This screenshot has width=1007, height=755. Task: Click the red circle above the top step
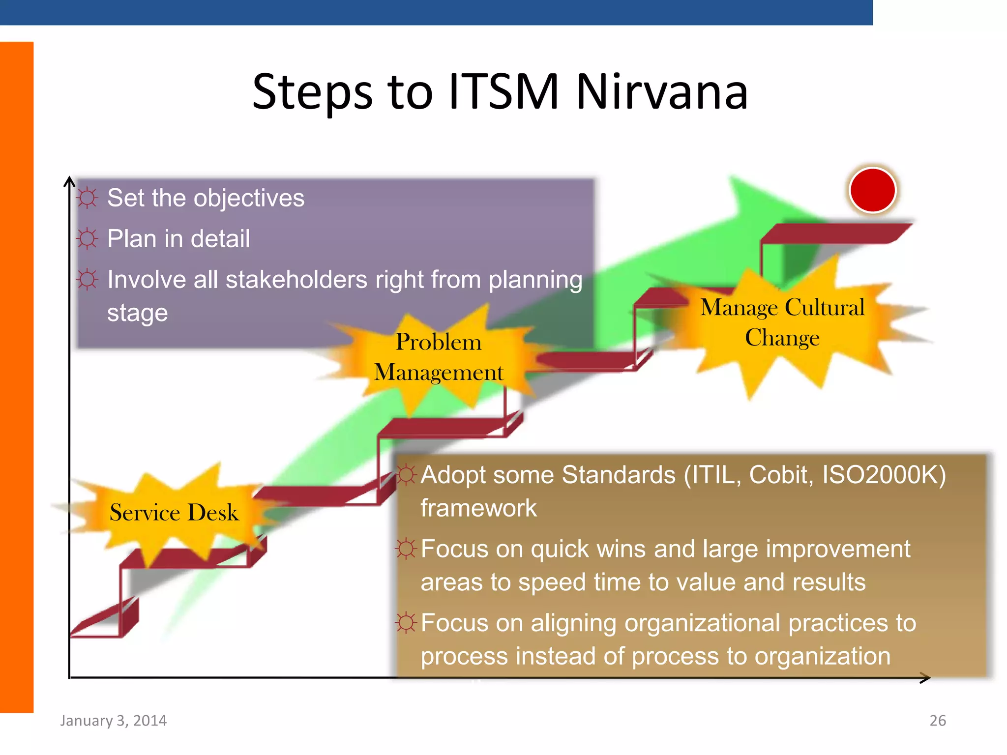pos(872,190)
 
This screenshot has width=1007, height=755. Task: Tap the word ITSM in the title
pos(503,92)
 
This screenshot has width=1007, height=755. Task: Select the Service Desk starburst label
pos(174,513)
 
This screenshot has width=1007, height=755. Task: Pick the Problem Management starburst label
pos(438,357)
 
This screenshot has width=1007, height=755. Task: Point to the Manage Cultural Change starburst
pos(782,322)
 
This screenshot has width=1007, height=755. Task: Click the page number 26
pos(937,721)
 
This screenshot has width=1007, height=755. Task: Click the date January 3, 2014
pos(114,721)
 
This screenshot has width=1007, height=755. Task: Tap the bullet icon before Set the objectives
pos(88,198)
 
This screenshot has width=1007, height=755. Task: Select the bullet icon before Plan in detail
pos(88,239)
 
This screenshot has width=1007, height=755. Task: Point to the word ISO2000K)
pos(884,475)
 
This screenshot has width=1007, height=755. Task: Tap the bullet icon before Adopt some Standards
pos(406,475)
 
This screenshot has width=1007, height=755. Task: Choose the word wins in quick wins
pos(621,549)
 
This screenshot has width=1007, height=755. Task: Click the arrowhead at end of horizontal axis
pos(925,678)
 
